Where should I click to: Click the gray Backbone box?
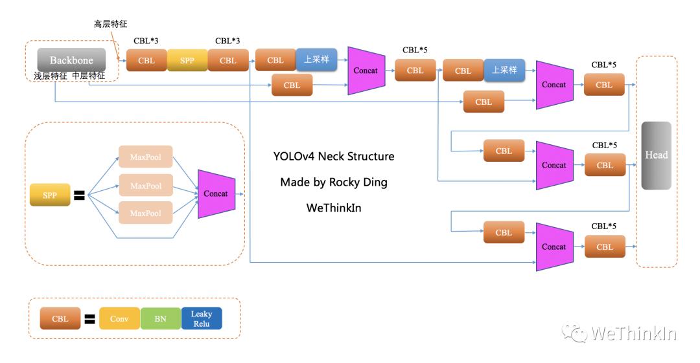[x=71, y=60]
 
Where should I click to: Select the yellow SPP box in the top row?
[x=187, y=60]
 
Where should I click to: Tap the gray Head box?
[x=656, y=155]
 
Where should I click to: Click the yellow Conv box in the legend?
[x=119, y=319]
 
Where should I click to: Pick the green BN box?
[x=160, y=319]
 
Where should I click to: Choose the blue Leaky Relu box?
[x=202, y=318]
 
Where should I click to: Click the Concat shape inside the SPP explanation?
[x=216, y=193]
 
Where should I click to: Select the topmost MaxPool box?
[x=146, y=157]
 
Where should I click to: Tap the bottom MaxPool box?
[x=146, y=213]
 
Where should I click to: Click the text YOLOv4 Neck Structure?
[x=334, y=157]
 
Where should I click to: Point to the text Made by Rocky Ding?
[x=334, y=182]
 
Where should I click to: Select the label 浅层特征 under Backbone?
[x=51, y=75]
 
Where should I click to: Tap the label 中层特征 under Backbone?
[x=89, y=75]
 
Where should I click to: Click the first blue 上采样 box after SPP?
[x=316, y=60]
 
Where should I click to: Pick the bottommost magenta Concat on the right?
[x=554, y=247]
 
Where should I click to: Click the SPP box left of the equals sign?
[x=50, y=194]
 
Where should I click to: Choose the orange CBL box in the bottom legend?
[x=60, y=319]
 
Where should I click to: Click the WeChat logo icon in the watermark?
[x=574, y=333]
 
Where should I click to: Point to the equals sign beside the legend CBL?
[x=89, y=319]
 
